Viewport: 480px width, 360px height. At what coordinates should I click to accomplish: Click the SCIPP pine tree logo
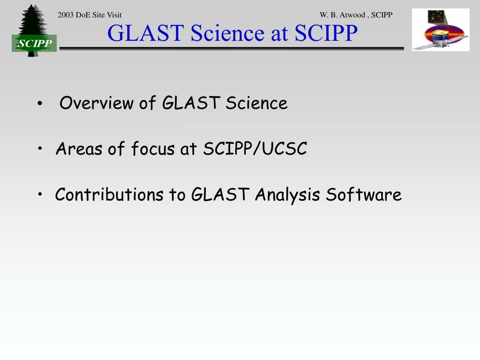click(x=34, y=30)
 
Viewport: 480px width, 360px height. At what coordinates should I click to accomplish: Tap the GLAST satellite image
click(x=441, y=30)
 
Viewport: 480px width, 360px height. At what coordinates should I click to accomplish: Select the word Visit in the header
click(x=114, y=15)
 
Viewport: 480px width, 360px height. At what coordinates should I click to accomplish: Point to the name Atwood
click(x=352, y=15)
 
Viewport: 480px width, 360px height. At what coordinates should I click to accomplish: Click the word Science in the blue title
click(x=227, y=33)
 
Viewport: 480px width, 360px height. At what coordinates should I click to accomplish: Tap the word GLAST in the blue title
click(x=146, y=33)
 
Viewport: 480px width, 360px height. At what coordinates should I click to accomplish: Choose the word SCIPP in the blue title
click(x=326, y=33)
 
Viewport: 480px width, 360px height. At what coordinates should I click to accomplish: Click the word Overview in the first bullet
click(x=97, y=103)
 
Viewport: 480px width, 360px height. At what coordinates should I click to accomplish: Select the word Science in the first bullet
click(x=256, y=103)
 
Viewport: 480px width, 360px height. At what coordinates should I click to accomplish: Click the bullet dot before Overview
click(x=40, y=104)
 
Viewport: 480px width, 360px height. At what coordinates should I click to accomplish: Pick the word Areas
click(x=79, y=149)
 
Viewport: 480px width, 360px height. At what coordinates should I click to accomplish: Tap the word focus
click(x=153, y=149)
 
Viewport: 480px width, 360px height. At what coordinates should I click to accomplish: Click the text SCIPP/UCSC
click(x=255, y=149)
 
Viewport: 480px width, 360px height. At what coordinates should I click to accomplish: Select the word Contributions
click(x=109, y=195)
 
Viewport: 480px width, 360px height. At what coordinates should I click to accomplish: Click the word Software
click(x=364, y=195)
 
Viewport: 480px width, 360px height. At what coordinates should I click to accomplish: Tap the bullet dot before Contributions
click(x=40, y=194)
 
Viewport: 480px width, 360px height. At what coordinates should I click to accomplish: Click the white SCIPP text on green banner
click(x=34, y=43)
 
